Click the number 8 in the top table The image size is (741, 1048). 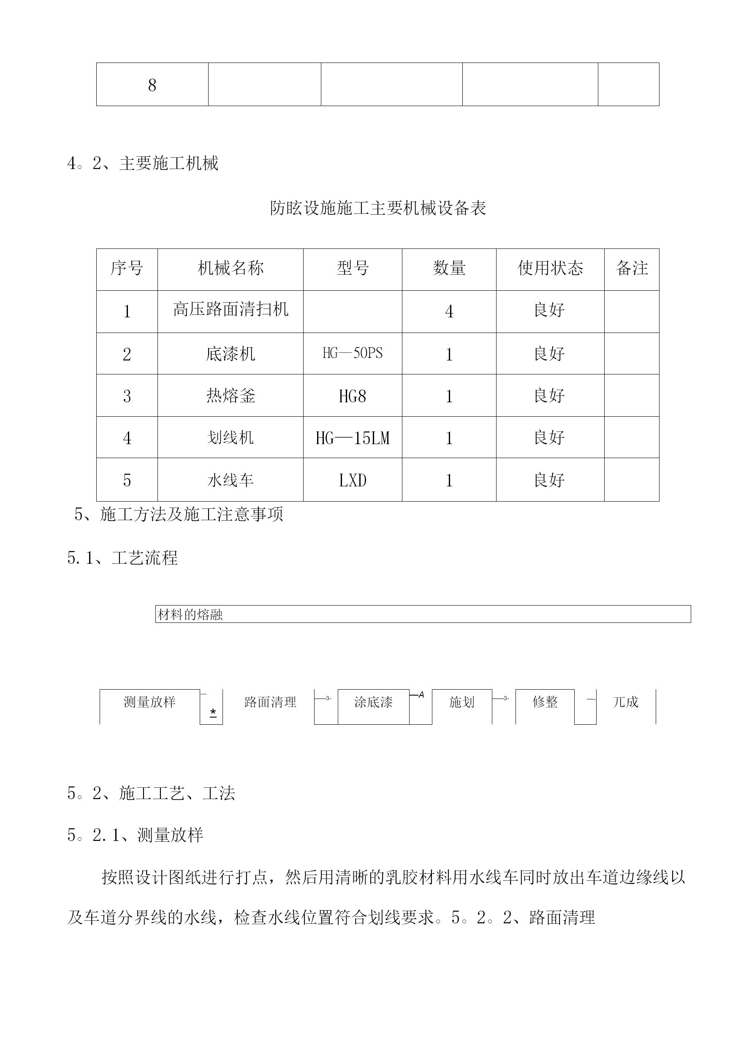(x=152, y=85)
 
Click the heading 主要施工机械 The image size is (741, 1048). (x=169, y=163)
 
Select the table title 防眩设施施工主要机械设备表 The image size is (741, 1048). (x=378, y=208)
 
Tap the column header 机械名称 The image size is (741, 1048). (x=231, y=268)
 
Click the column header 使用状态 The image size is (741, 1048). (x=550, y=268)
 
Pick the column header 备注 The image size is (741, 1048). (x=632, y=268)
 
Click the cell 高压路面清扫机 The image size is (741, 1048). (x=231, y=310)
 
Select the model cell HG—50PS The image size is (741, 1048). (x=352, y=353)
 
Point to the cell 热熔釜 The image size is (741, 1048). (x=231, y=396)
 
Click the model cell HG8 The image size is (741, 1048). (x=352, y=396)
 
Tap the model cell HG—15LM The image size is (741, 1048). (x=352, y=438)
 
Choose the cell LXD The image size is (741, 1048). (x=352, y=480)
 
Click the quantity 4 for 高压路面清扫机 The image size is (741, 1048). (x=449, y=312)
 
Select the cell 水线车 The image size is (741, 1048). (x=231, y=480)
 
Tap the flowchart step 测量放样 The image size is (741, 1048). (x=149, y=701)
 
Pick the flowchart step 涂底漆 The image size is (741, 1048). (x=373, y=702)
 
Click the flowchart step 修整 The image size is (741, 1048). (x=545, y=701)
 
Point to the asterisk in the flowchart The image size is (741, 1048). (x=213, y=712)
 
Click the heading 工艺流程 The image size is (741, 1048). (x=145, y=558)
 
